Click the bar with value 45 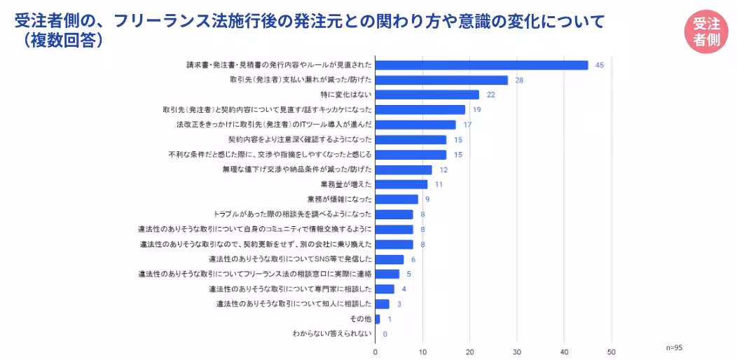[x=482, y=65]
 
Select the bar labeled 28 [x=441, y=80]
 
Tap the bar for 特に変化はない [x=427, y=95]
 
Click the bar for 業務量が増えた [x=401, y=184]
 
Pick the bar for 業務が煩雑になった [x=397, y=199]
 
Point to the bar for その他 [x=378, y=319]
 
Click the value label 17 [x=467, y=125]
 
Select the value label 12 [x=443, y=169]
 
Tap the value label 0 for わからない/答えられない [x=385, y=334]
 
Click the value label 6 [x=413, y=259]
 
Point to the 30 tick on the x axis [x=517, y=352]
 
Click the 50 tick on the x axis [x=612, y=352]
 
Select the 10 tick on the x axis [x=422, y=352]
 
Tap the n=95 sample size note [x=674, y=347]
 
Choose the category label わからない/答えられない [x=332, y=334]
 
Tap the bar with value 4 [x=385, y=289]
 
